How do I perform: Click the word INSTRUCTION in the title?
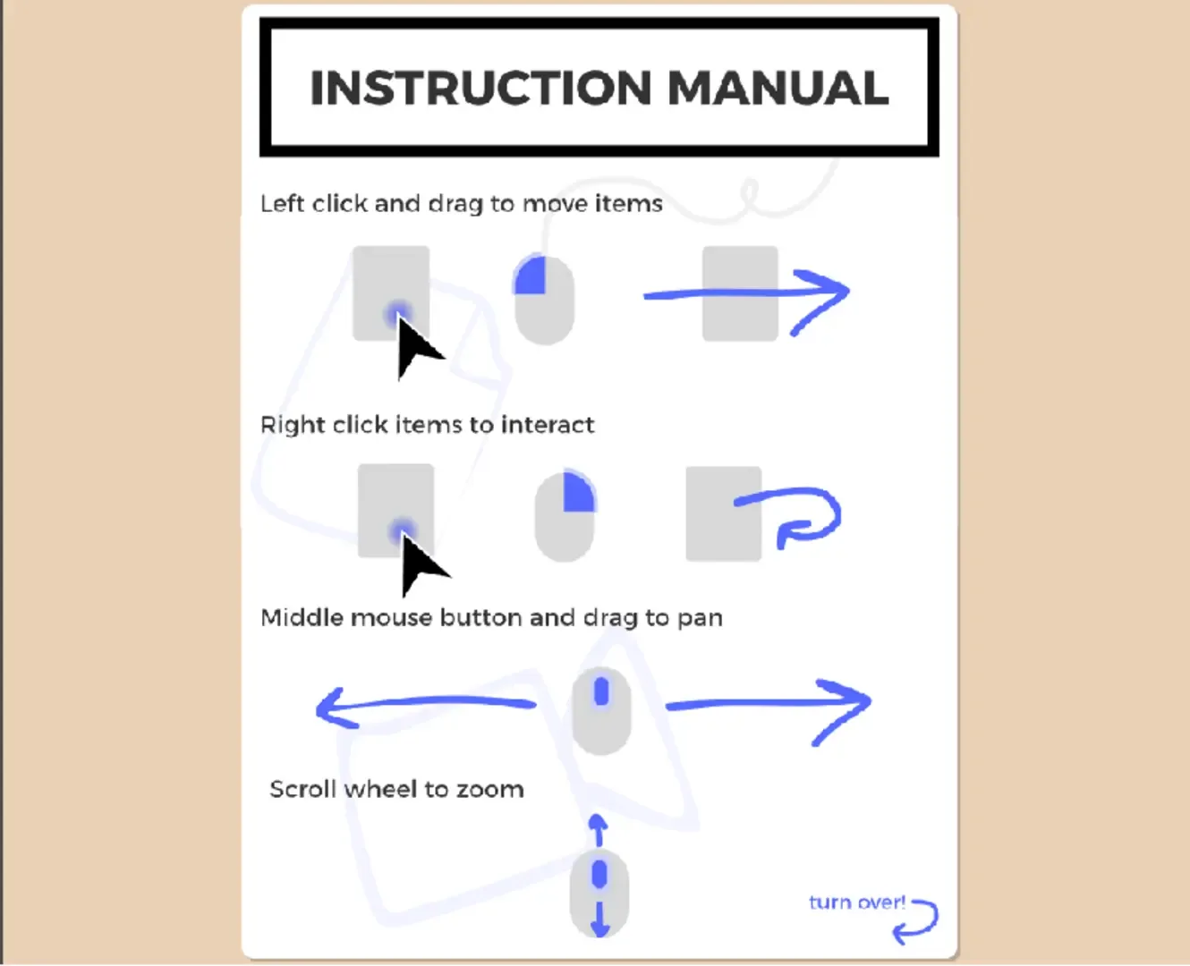tap(481, 89)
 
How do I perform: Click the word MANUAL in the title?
tap(778, 89)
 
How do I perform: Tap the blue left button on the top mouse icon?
tap(531, 275)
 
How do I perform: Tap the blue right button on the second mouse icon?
tap(579, 491)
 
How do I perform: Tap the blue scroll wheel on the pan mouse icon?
tap(601, 691)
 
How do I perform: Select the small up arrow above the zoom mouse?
tap(599, 830)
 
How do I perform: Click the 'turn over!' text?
tap(857, 902)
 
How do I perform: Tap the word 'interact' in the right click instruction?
tap(547, 425)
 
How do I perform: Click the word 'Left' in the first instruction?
tap(284, 204)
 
